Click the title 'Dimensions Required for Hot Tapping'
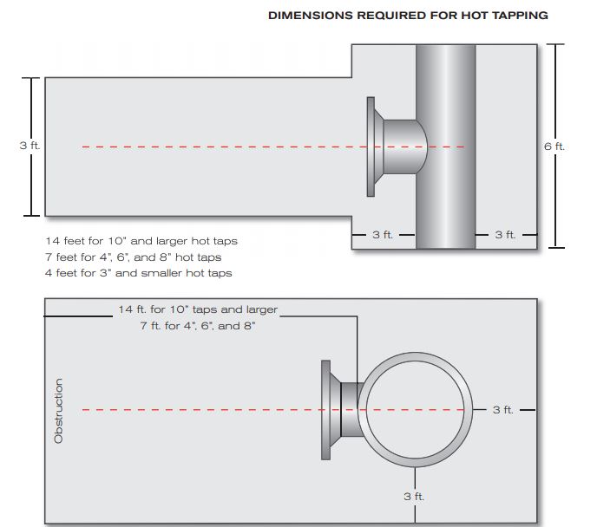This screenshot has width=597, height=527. tap(408, 16)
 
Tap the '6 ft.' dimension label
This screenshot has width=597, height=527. tap(554, 146)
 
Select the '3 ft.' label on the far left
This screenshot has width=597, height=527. tap(30, 146)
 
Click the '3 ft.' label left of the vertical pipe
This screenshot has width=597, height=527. tap(383, 234)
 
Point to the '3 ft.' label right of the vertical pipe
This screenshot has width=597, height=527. tap(504, 234)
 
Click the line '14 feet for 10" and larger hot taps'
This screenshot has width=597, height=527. tap(141, 240)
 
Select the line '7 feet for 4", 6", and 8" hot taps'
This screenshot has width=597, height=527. tap(133, 257)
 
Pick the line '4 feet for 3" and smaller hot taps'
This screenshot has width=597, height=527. tap(138, 273)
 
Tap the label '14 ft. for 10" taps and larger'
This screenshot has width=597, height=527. tap(198, 309)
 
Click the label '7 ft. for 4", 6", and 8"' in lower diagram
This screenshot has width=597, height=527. tap(198, 326)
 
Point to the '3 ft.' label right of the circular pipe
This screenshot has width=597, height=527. tap(502, 409)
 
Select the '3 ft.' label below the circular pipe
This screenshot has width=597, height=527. tap(414, 496)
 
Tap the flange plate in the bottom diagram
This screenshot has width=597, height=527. tap(327, 409)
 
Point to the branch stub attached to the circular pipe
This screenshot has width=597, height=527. tap(349, 409)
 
